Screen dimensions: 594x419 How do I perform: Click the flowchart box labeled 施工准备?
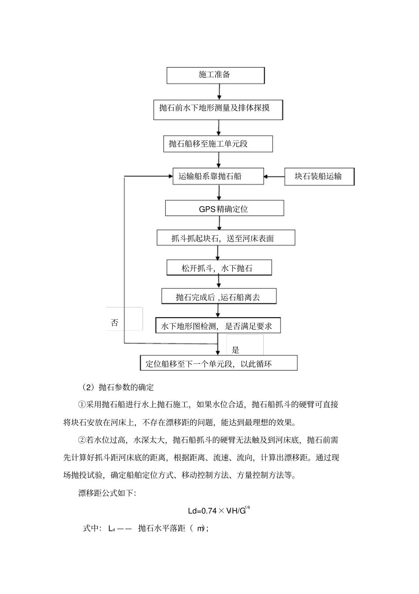click(215, 75)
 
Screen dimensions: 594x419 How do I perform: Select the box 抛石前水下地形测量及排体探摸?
click(218, 109)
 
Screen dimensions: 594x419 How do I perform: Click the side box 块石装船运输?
click(319, 177)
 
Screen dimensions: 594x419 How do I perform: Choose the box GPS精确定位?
click(224, 208)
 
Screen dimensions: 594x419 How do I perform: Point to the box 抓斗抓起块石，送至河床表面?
click(225, 238)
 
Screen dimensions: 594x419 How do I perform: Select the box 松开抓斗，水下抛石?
click(219, 268)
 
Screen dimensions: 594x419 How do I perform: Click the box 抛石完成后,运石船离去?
click(219, 297)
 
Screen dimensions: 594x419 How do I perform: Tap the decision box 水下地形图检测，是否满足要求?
click(217, 326)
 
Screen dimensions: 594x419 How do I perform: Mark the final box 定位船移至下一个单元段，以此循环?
click(218, 363)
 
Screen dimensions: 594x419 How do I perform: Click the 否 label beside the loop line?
click(115, 323)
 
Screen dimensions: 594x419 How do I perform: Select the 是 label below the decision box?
click(236, 350)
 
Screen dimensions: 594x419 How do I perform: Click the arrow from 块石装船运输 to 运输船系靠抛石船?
click(274, 177)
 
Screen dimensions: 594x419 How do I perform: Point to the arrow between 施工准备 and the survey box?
click(219, 92)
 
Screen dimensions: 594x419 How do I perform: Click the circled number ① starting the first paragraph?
click(82, 405)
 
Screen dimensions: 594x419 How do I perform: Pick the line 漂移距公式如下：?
click(108, 493)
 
